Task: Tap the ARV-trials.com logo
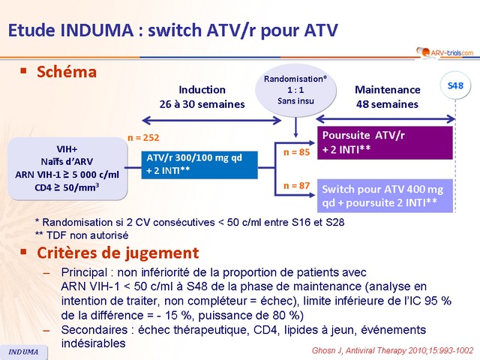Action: [444, 52]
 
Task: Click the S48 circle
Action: [455, 86]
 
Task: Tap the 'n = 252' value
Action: [143, 138]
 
